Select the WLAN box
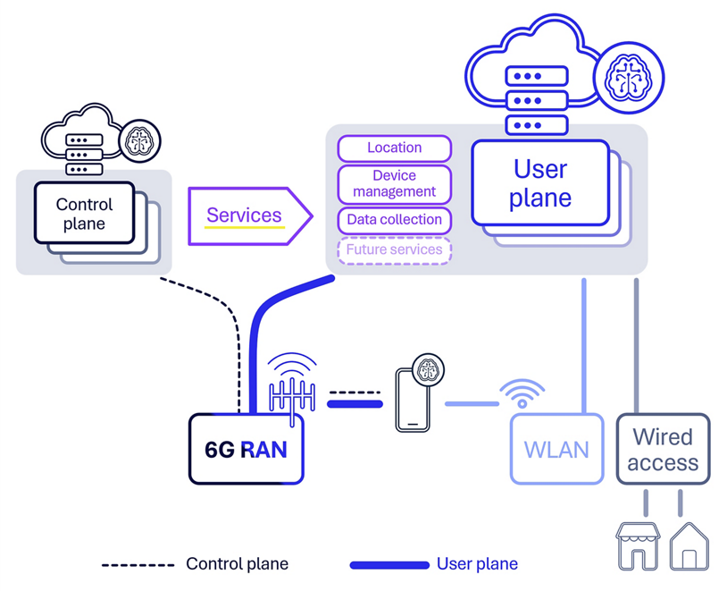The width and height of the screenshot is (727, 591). (556, 449)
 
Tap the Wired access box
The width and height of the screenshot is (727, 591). (662, 449)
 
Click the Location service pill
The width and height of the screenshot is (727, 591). (394, 148)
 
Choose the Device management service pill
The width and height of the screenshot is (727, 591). (394, 183)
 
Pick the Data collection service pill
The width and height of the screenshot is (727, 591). (394, 220)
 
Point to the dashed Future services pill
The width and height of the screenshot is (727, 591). (394, 250)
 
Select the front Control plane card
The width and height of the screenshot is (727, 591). (84, 213)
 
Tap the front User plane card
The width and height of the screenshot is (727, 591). (539, 183)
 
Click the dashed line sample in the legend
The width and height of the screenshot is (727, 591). (138, 564)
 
